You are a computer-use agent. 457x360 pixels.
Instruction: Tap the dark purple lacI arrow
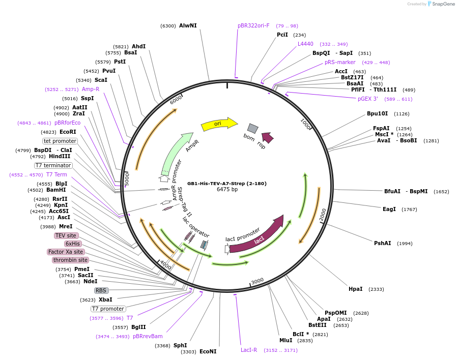(x=257, y=235)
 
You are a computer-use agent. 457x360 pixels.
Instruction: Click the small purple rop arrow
(x=267, y=137)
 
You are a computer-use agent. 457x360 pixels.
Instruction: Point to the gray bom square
(x=252, y=128)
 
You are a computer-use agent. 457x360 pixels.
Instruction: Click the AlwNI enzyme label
(x=188, y=25)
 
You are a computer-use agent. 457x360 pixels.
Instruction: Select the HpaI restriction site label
(x=356, y=289)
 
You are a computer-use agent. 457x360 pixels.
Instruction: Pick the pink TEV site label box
(x=66, y=235)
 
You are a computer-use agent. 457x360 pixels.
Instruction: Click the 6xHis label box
(x=73, y=244)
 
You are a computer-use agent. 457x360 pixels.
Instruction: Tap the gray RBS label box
(x=101, y=290)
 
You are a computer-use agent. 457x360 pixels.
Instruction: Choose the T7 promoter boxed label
(x=108, y=309)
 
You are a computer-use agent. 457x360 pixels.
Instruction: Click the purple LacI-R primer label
(x=249, y=350)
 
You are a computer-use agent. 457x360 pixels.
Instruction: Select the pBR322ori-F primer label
(x=253, y=25)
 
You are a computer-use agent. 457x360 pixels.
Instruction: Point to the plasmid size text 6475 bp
(x=227, y=190)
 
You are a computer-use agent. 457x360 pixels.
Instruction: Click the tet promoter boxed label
(x=60, y=141)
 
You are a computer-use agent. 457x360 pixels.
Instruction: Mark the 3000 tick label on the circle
(x=258, y=281)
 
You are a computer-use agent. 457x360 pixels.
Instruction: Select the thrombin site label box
(x=70, y=260)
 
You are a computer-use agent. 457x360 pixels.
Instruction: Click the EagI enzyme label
(x=389, y=209)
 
